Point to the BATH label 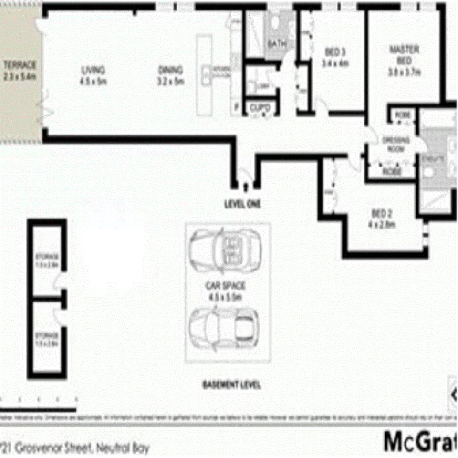(x=277, y=44)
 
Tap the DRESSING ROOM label (x=396, y=144)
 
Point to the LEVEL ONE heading (x=243, y=204)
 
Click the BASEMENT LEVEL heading (x=231, y=385)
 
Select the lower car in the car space (x=224, y=329)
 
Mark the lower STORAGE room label (x=47, y=339)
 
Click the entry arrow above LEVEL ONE (x=246, y=186)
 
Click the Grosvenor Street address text (x=75, y=448)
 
